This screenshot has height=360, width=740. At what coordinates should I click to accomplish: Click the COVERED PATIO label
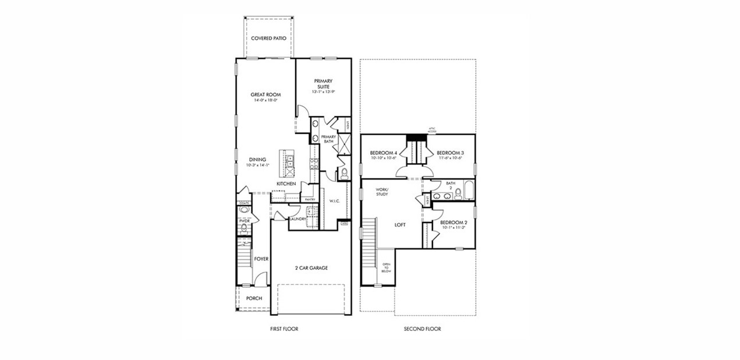coord(268,38)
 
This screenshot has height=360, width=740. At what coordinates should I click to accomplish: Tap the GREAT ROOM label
coord(265,94)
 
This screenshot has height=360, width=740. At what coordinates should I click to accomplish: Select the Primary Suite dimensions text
coord(323,91)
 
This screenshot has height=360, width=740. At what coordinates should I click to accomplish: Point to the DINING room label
coord(258,160)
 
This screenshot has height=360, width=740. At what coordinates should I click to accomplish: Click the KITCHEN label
coord(286,184)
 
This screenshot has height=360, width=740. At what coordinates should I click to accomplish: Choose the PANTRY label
coord(310,199)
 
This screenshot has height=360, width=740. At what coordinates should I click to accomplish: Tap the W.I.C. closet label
coord(334,202)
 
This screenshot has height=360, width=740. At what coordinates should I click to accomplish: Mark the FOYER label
coord(261,259)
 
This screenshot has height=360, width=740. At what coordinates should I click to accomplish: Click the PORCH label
coord(254,298)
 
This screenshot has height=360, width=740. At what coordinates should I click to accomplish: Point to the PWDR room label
coord(244,221)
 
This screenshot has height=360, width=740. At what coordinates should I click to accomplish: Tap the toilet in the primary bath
coord(343,173)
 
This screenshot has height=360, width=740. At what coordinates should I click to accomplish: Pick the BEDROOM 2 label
coord(453,223)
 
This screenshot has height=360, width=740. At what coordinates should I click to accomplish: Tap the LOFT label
coord(400,224)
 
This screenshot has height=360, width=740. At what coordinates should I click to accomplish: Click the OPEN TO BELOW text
coord(386,268)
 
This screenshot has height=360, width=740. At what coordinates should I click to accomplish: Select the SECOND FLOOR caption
coord(422,329)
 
